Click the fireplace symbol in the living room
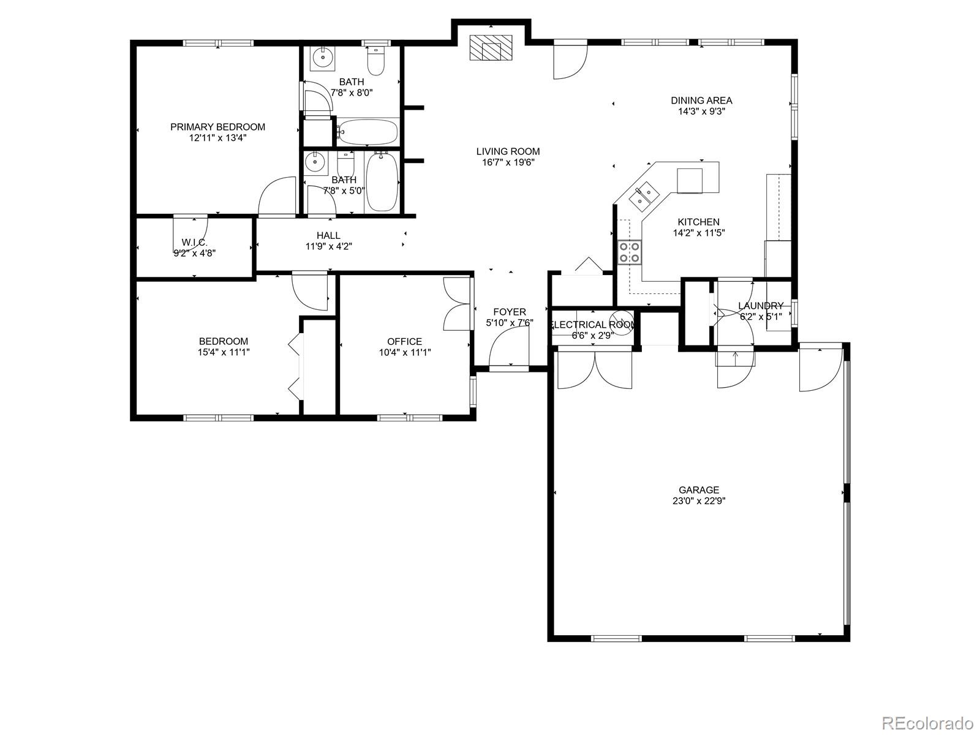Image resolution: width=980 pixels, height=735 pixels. (x=491, y=47)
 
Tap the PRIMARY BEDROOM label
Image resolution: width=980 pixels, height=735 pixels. (x=217, y=127)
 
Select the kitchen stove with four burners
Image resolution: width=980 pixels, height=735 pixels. (x=630, y=252)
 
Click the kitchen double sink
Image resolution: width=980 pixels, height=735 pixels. (x=643, y=195)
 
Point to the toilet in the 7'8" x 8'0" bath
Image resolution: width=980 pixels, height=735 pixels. (x=375, y=62)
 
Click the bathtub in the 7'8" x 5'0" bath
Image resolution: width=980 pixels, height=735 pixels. (x=382, y=183)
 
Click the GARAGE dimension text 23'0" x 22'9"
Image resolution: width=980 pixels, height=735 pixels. (x=698, y=500)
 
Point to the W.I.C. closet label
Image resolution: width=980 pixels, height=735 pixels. (x=194, y=242)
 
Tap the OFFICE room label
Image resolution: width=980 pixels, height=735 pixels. (x=404, y=341)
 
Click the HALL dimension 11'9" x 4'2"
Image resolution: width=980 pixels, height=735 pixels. (x=328, y=246)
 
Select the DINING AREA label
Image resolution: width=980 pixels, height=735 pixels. (x=701, y=100)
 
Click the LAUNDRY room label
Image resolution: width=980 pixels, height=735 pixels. (x=760, y=306)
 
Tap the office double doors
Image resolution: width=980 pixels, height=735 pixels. (x=456, y=305)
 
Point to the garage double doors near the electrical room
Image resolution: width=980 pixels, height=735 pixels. (x=594, y=370)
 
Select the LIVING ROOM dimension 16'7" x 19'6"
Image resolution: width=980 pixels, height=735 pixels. (x=508, y=162)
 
